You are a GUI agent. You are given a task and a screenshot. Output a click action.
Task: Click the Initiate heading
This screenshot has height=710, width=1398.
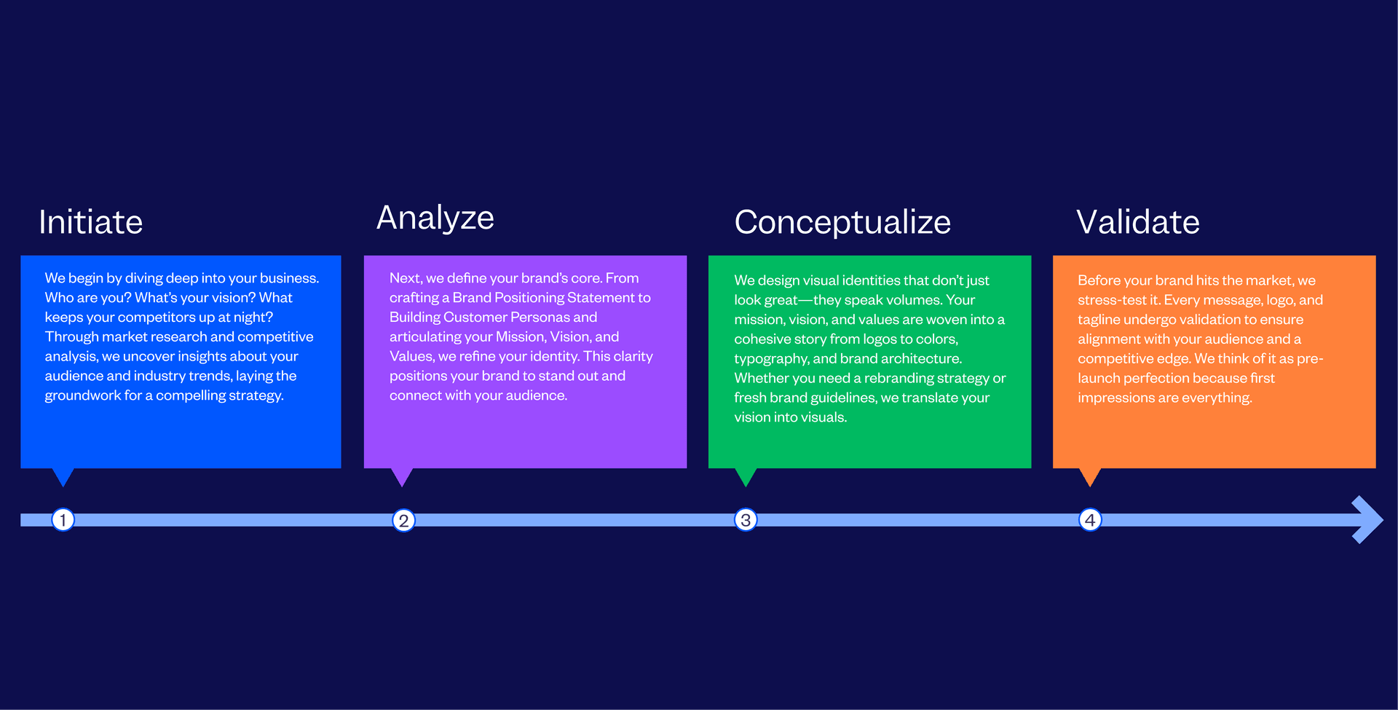[90, 222]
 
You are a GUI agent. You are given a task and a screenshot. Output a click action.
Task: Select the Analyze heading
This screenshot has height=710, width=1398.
[435, 218]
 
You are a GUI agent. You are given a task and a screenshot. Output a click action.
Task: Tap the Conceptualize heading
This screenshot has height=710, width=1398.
[842, 222]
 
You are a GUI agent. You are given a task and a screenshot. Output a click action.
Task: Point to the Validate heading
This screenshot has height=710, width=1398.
[1137, 222]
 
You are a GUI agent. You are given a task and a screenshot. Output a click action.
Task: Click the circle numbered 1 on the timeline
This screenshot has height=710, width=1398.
[63, 520]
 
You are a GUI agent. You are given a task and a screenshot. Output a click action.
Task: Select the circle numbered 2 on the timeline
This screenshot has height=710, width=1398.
[403, 521]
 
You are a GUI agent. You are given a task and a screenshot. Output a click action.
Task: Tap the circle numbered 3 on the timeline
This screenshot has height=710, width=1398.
[746, 520]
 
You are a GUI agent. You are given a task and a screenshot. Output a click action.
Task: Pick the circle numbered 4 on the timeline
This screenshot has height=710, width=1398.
[1090, 520]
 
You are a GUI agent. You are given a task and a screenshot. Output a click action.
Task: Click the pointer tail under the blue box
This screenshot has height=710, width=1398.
[63, 476]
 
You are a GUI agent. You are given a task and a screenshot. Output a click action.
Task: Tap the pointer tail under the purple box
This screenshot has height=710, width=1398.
[402, 476]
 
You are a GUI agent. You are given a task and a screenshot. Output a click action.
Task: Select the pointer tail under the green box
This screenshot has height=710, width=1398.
[746, 476]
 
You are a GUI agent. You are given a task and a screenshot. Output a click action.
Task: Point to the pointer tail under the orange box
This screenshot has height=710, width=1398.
[1090, 476]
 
